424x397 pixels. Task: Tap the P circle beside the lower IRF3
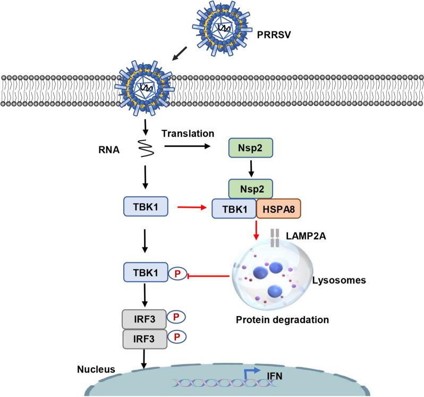pos(177,337)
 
